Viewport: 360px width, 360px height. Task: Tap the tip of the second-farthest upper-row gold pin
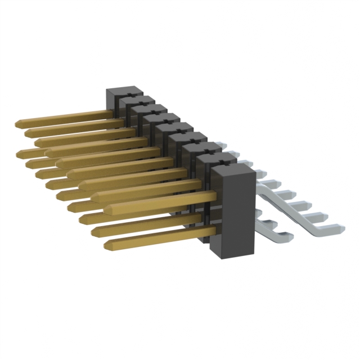click(28, 132)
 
